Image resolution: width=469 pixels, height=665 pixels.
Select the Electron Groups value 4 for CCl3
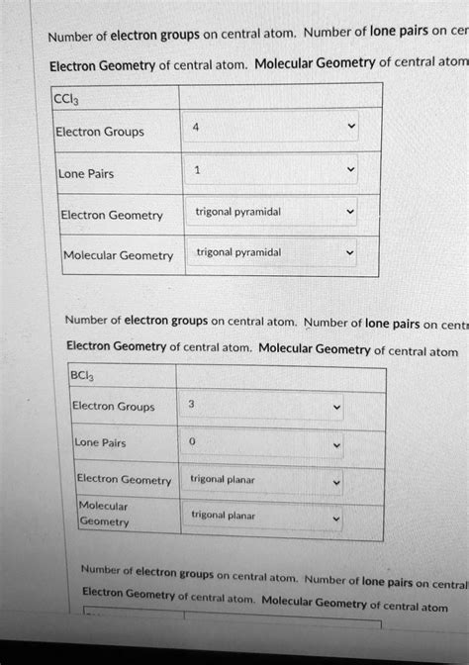pyautogui.click(x=197, y=127)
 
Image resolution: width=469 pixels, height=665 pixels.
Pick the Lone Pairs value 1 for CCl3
pyautogui.click(x=197, y=170)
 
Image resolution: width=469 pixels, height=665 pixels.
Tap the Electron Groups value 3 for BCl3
pyautogui.click(x=191, y=405)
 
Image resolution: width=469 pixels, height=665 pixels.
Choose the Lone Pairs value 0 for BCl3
pyautogui.click(x=192, y=442)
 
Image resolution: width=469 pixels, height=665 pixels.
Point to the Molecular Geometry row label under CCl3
pyautogui.click(x=118, y=256)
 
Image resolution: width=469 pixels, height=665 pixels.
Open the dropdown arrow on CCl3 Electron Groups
pyautogui.click(x=345, y=129)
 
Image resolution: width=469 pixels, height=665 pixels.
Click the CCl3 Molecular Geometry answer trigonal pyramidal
pyautogui.click(x=237, y=253)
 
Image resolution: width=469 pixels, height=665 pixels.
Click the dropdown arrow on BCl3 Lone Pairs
pyautogui.click(x=337, y=444)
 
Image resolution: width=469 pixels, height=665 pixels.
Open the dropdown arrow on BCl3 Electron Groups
pyautogui.click(x=337, y=407)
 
